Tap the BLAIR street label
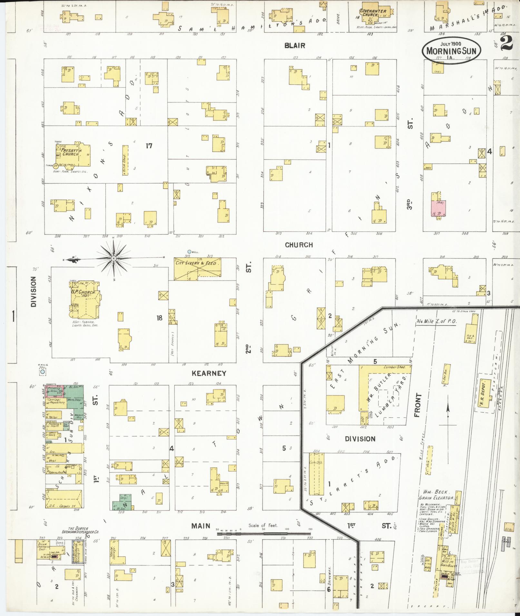click(x=295, y=46)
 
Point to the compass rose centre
click(x=113, y=258)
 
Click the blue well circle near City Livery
click(x=189, y=252)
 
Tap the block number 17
click(x=149, y=146)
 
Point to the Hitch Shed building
click(x=125, y=160)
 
